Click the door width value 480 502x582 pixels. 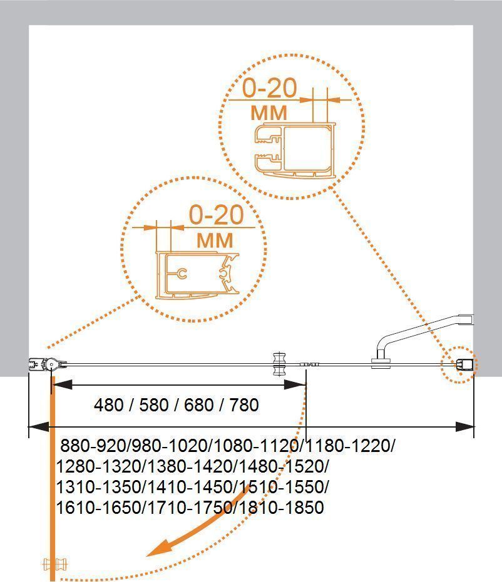click(108, 404)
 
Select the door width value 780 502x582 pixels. click(244, 404)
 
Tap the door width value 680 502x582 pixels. click(199, 404)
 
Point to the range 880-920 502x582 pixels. click(93, 445)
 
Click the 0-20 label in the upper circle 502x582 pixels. click(270, 88)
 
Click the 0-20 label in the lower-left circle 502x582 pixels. click(216, 214)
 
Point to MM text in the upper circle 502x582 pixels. click(269, 113)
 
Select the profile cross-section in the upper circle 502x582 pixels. click(295, 150)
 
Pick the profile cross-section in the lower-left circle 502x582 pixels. click(197, 275)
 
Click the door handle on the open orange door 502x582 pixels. click(55, 564)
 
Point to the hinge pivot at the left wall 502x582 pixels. click(51, 365)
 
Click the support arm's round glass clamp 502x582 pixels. click(381, 363)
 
